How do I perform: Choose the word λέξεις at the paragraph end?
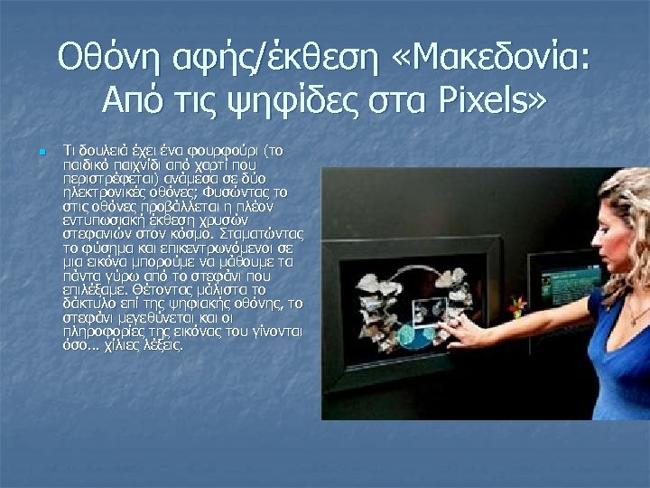(162, 345)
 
